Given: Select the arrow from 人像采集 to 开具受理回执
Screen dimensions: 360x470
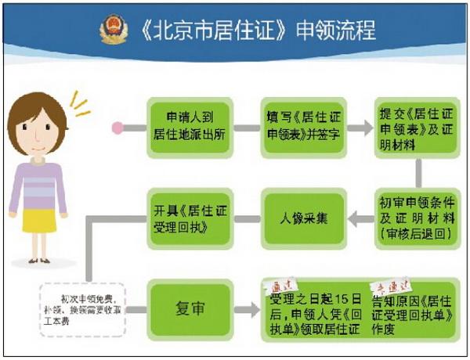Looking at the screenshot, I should coord(246,215).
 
